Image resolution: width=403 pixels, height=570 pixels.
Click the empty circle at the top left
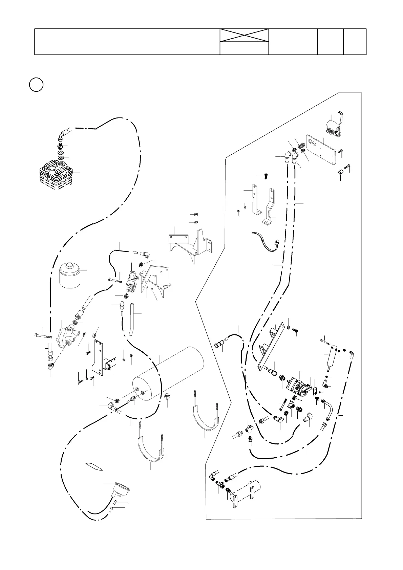(x=36, y=85)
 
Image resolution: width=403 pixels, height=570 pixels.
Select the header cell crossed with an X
(x=244, y=36)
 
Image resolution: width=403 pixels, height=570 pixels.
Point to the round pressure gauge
(x=121, y=490)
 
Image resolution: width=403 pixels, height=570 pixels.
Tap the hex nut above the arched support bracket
(x=196, y=214)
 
